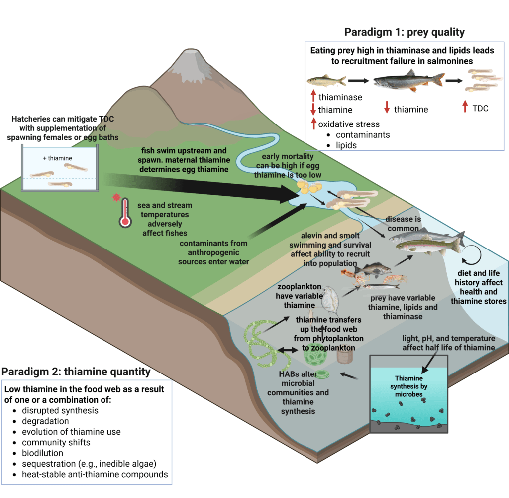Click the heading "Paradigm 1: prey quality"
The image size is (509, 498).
[x=404, y=33]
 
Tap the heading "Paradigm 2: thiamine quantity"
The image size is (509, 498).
[x=76, y=372]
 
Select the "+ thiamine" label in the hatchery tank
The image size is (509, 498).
[x=57, y=158]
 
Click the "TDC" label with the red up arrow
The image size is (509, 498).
[x=479, y=108]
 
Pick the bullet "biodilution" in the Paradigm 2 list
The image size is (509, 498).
[x=42, y=453]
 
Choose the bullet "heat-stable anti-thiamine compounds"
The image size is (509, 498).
[x=95, y=474]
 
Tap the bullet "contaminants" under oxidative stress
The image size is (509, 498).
[x=363, y=134]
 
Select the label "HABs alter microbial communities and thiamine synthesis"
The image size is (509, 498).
[x=298, y=392]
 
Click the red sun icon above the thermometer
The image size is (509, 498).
[x=117, y=198]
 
